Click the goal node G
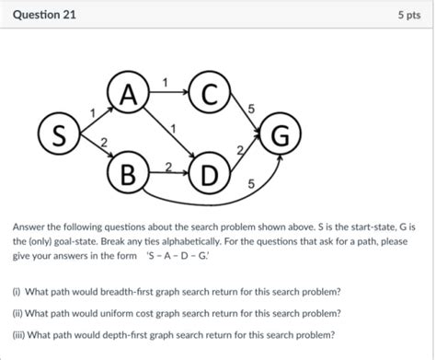281,136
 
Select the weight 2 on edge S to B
103,143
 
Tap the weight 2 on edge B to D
168,165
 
